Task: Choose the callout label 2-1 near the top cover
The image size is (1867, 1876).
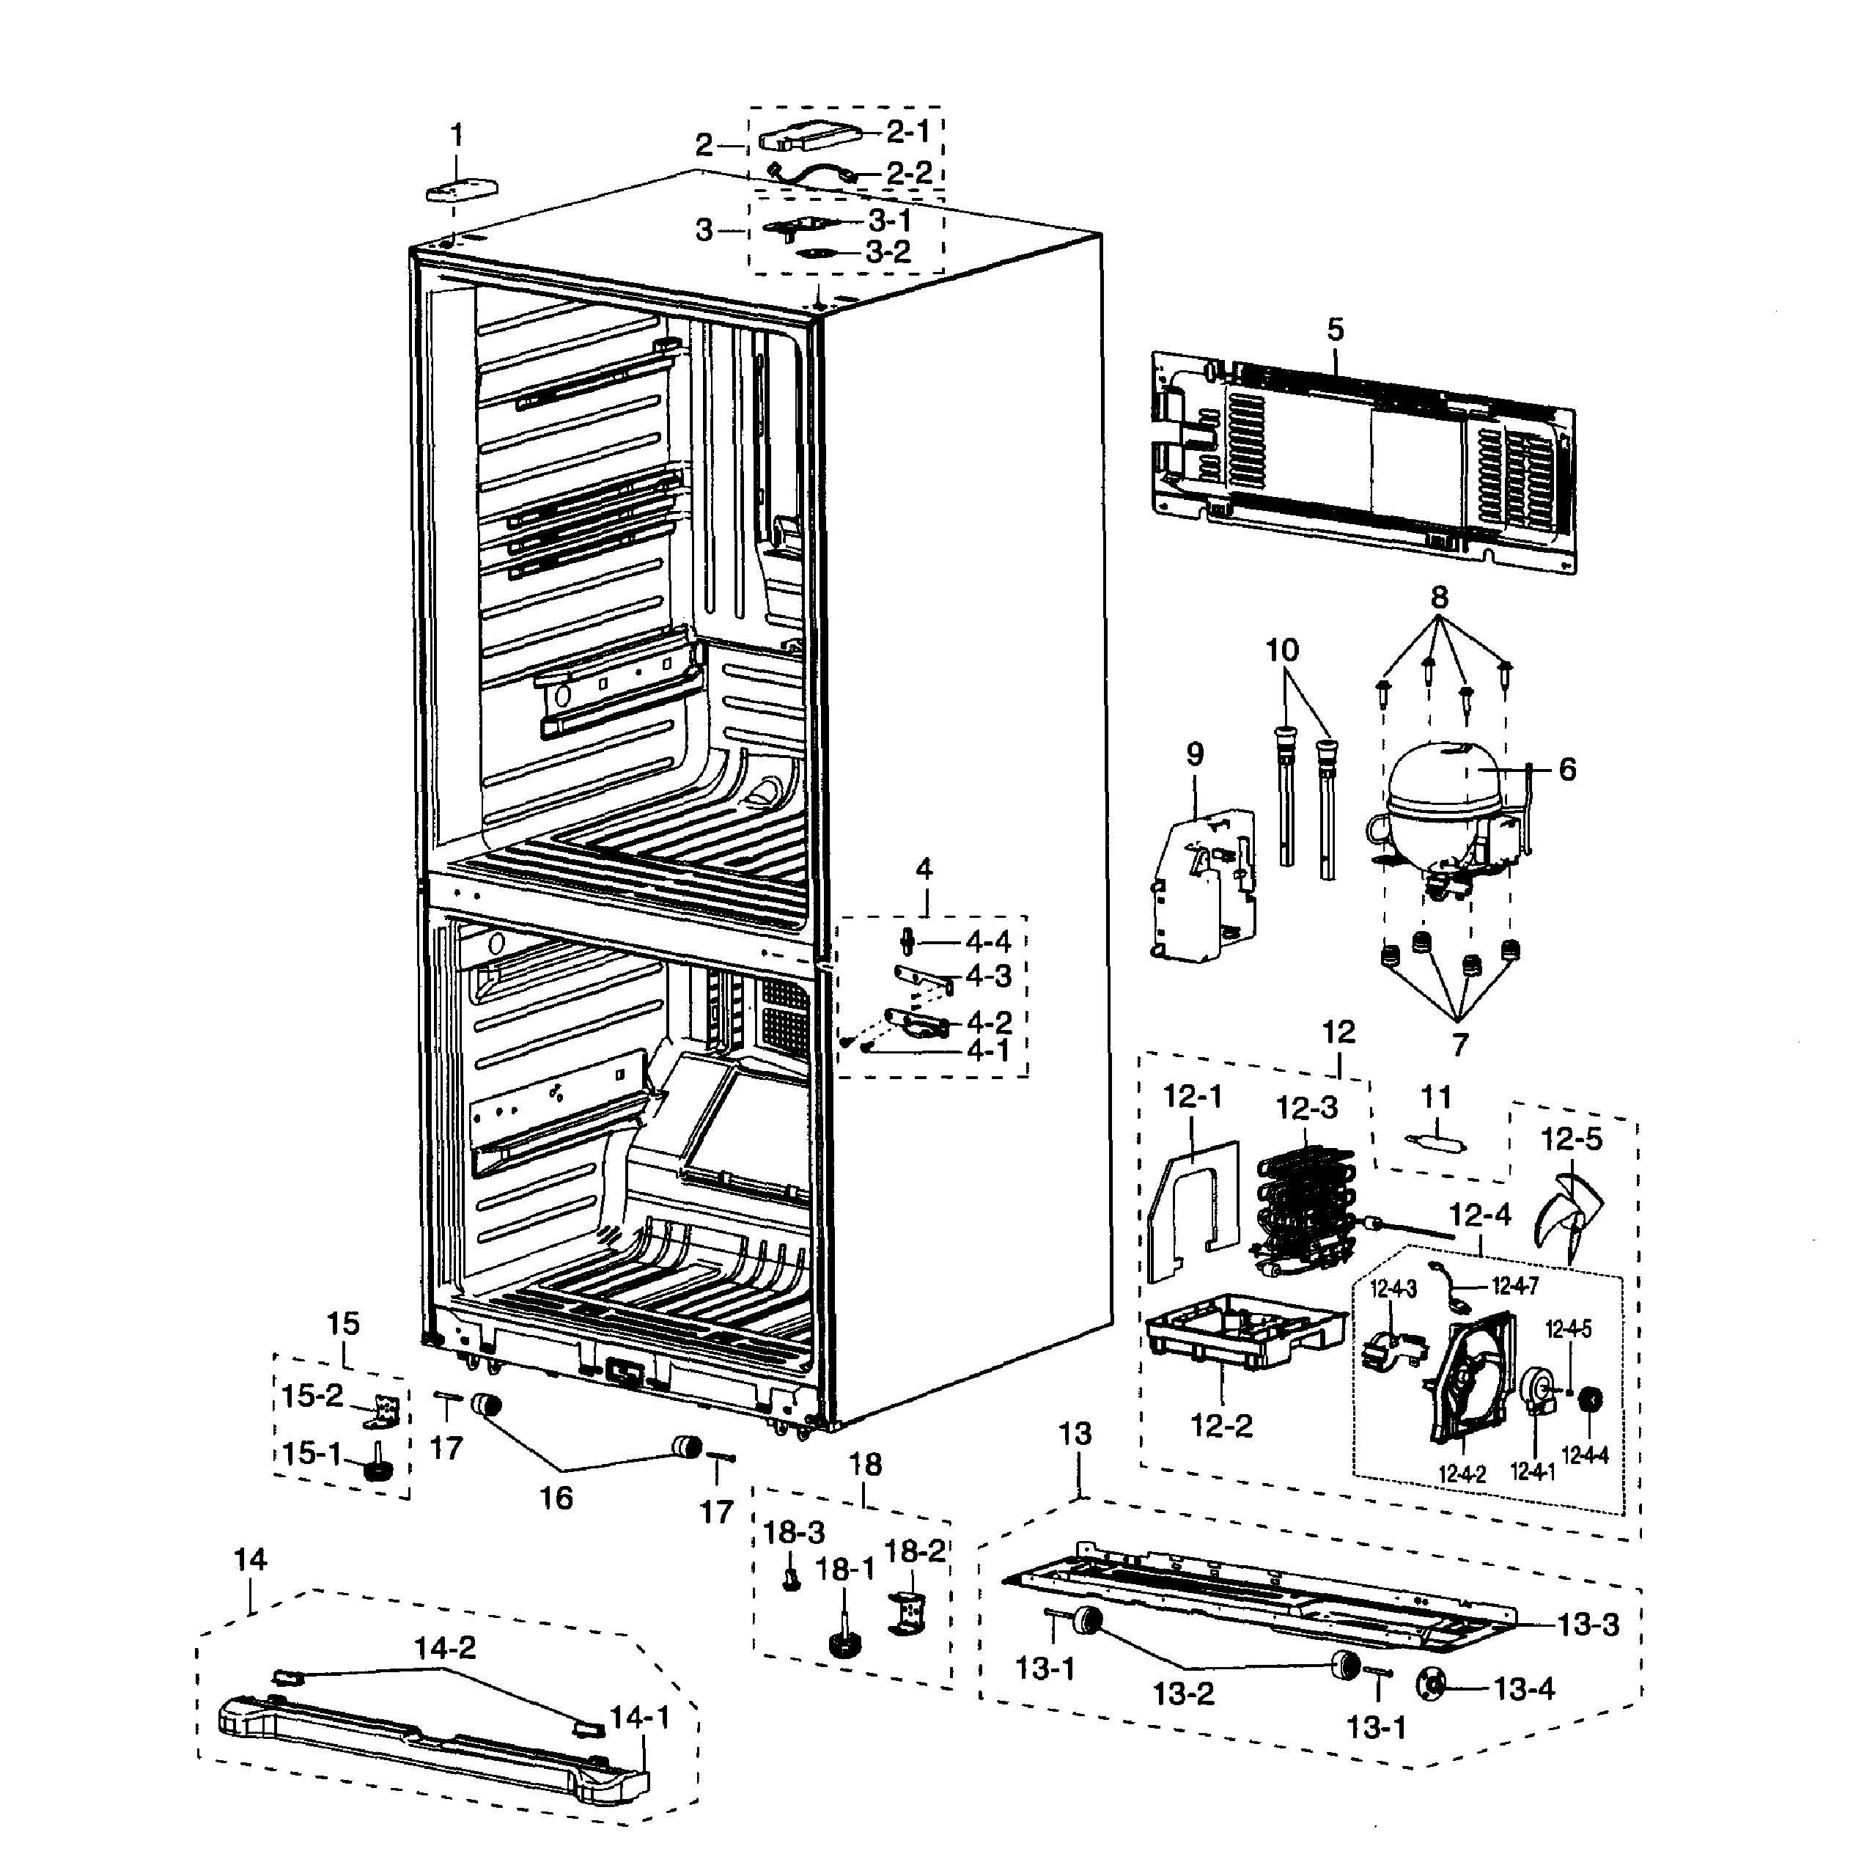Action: tap(907, 131)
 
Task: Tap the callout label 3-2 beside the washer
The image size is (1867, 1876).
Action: tap(888, 252)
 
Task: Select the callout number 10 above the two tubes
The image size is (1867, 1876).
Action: tap(1281, 650)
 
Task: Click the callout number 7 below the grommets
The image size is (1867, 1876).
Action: tap(1459, 1045)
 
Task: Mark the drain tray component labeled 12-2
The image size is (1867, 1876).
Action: tap(1242, 1331)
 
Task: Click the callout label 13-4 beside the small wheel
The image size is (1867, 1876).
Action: tap(1523, 1688)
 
